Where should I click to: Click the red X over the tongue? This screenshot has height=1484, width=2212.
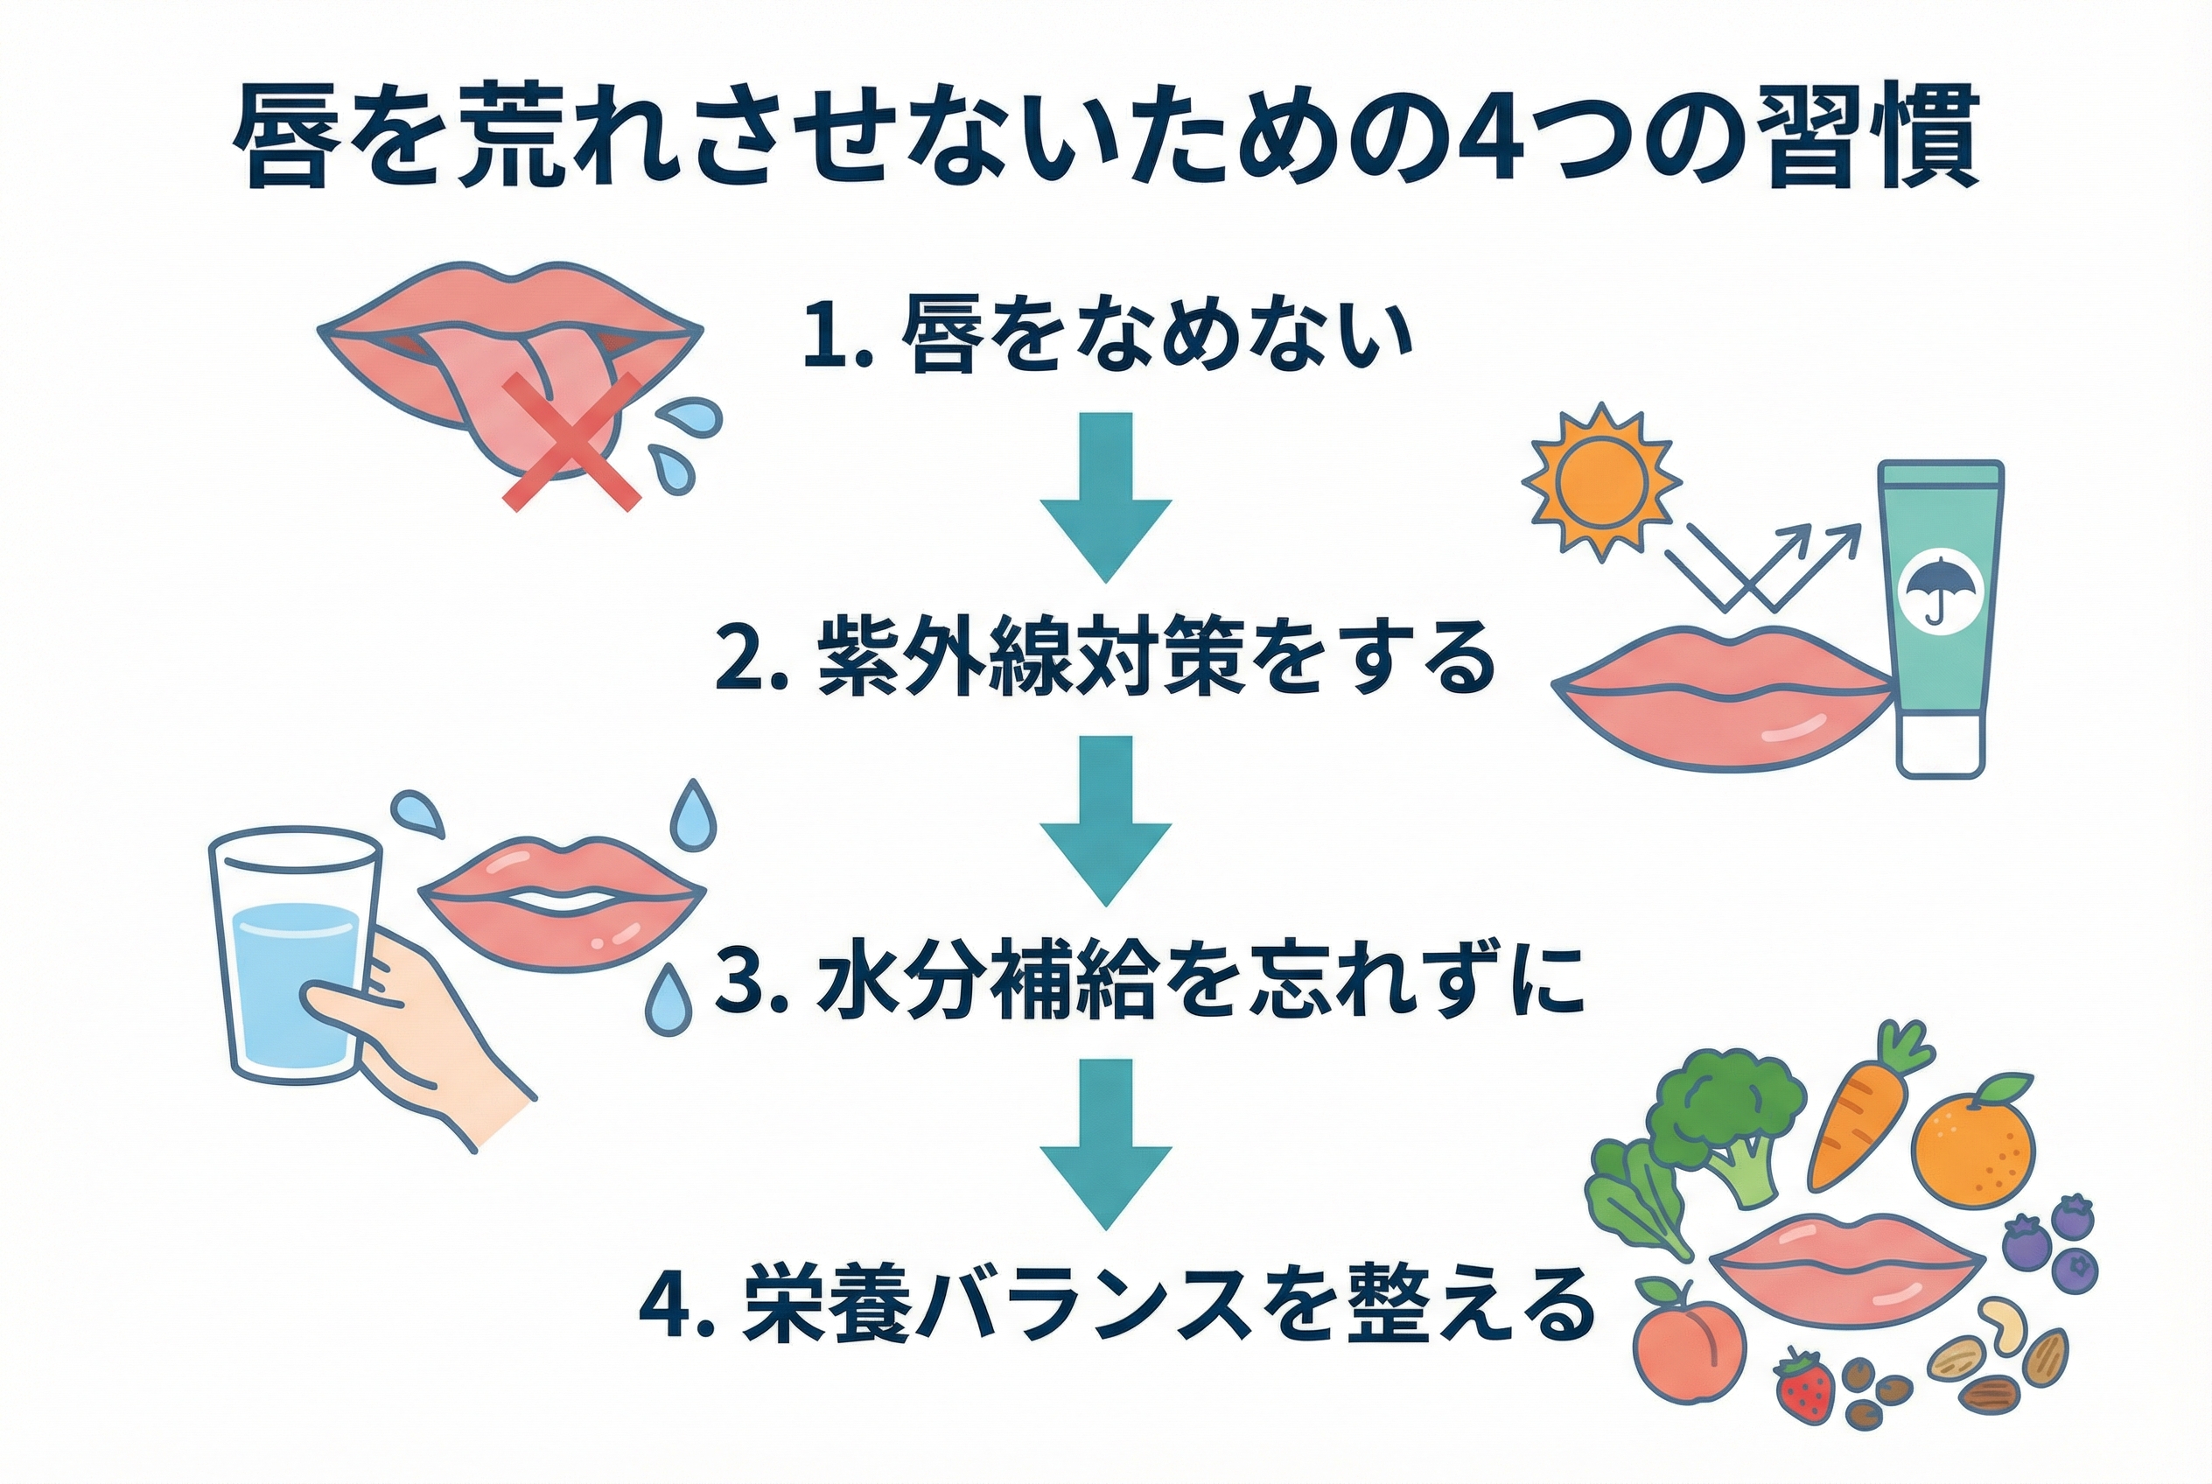[x=570, y=442]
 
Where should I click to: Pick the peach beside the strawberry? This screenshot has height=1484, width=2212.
[x=1690, y=1346]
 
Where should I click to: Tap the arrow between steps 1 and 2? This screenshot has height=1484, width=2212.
[x=1105, y=496]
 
